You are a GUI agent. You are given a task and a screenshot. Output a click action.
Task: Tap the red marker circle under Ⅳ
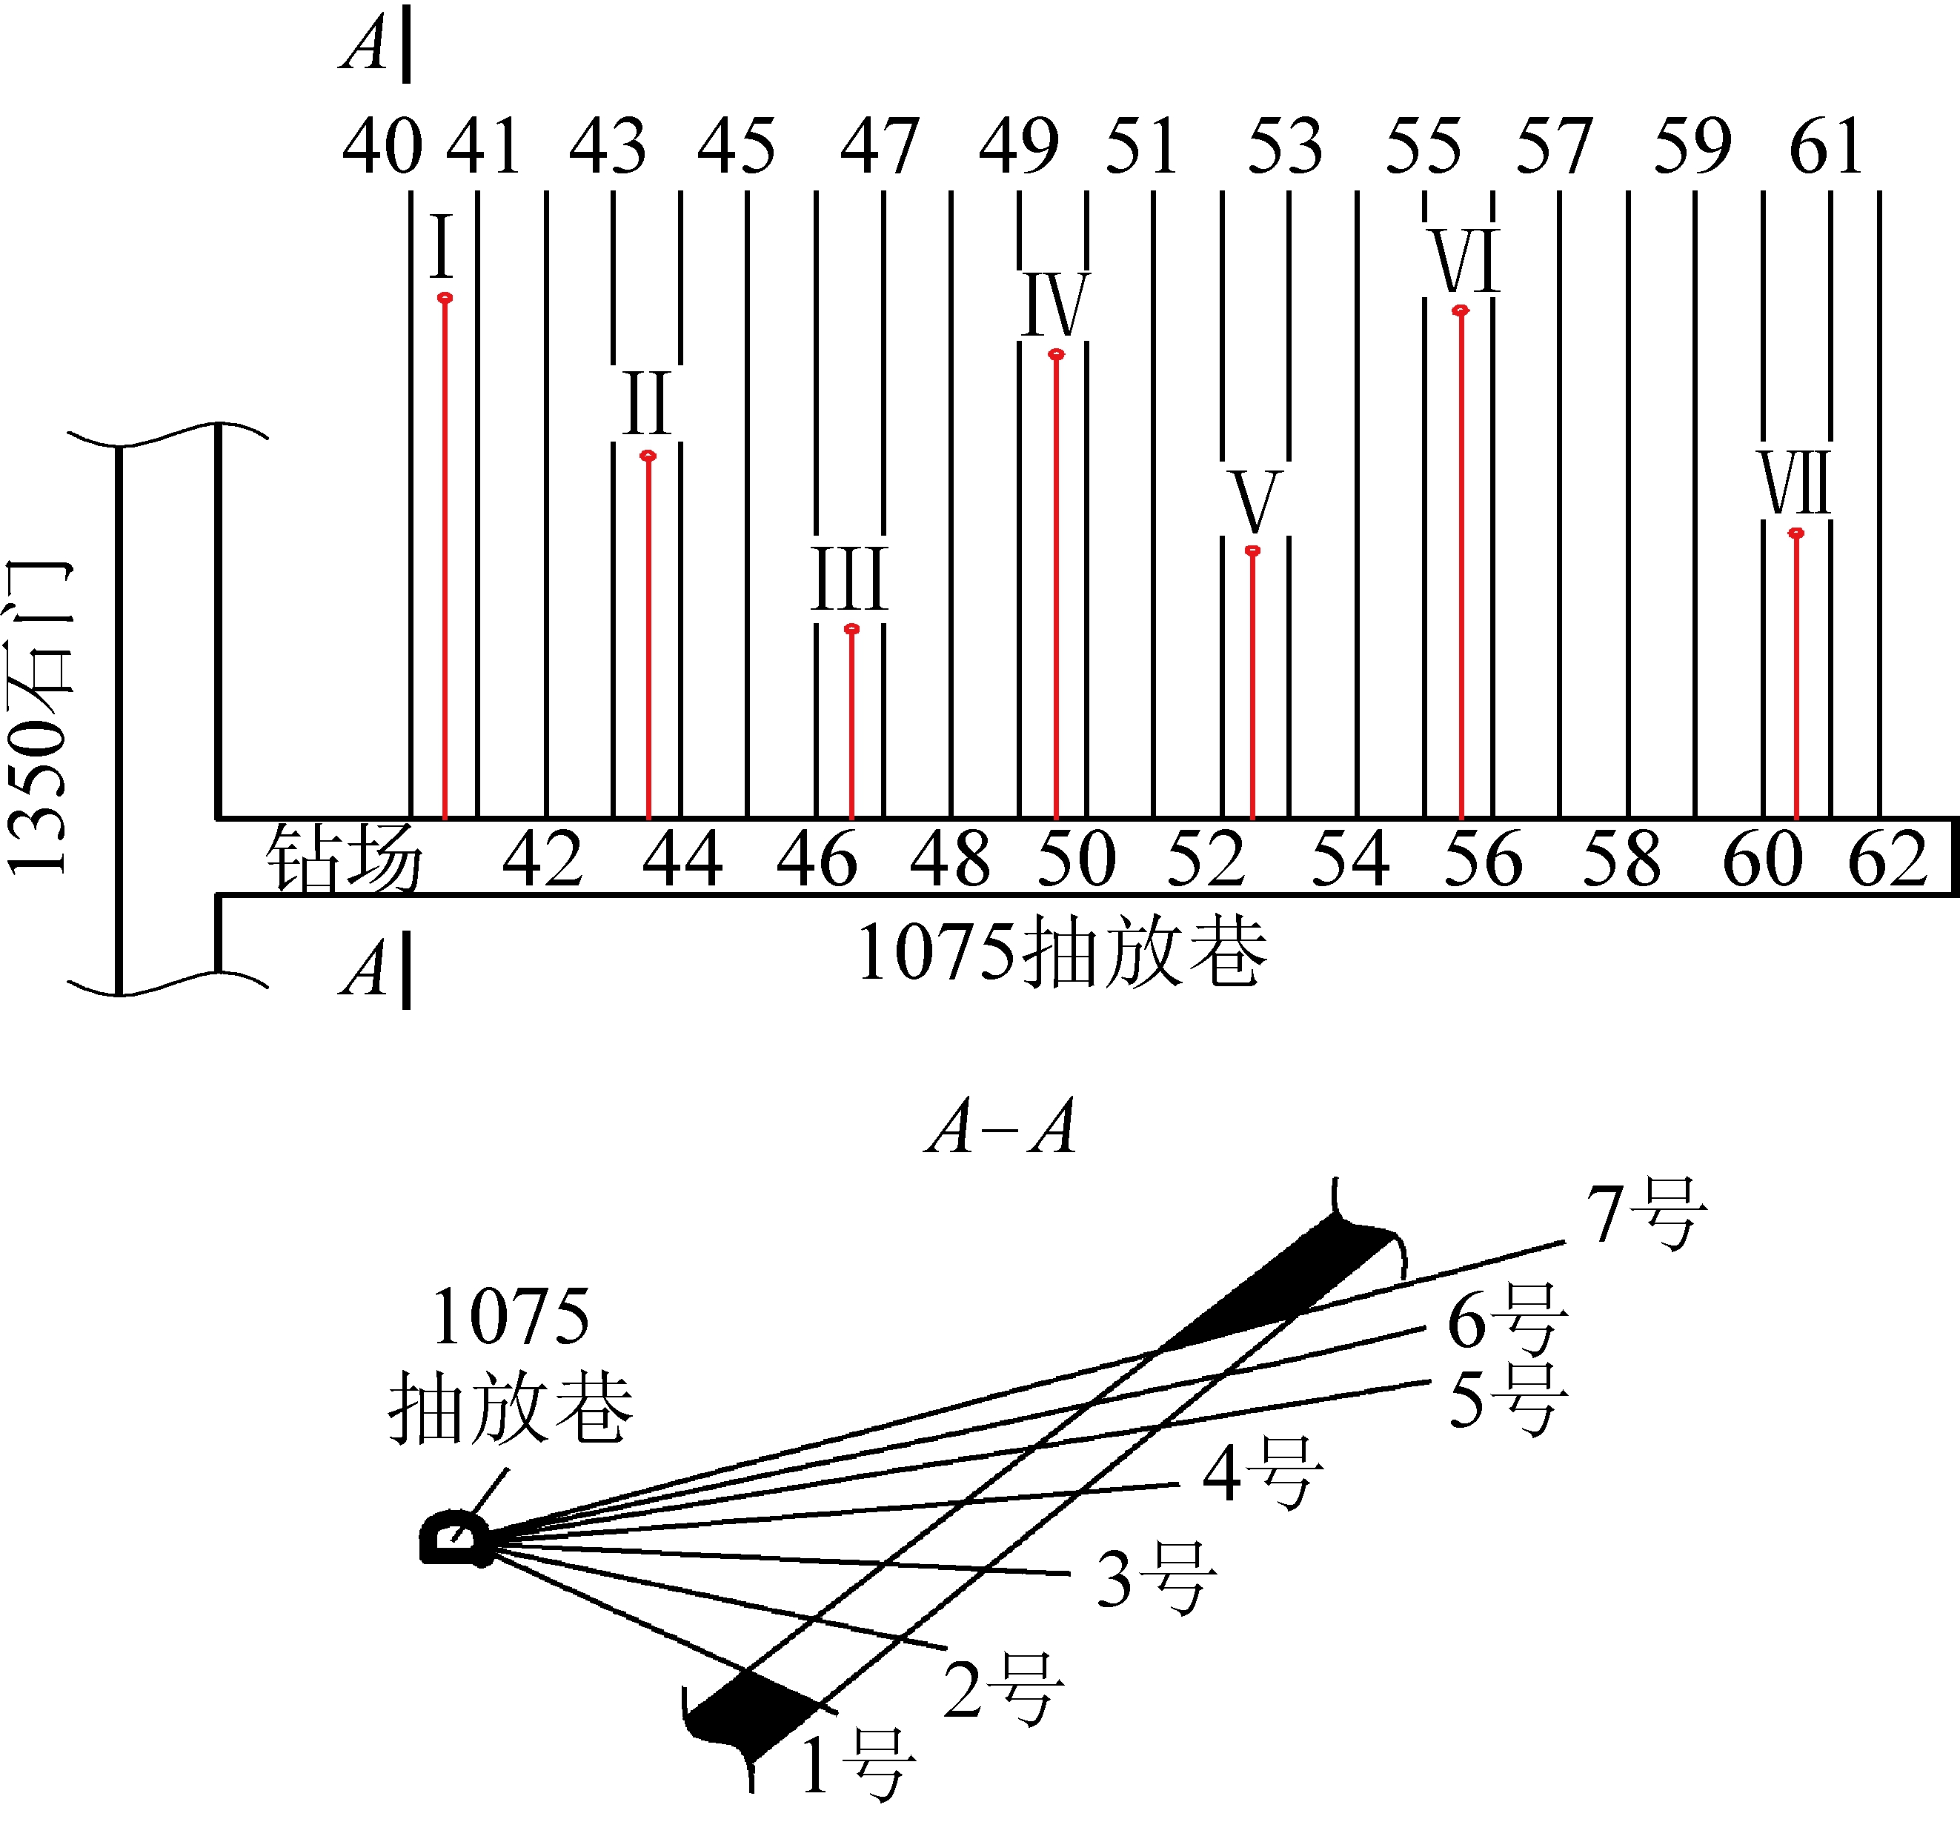coord(1056,354)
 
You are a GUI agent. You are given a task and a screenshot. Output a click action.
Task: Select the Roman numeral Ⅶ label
coord(1795,482)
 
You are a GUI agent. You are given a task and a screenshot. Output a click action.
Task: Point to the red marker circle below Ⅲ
coord(852,629)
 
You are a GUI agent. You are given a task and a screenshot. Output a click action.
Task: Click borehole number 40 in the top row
coord(382,146)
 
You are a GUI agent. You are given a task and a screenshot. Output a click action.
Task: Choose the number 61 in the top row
coord(1826,146)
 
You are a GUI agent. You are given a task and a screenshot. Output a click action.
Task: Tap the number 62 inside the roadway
coord(1888,859)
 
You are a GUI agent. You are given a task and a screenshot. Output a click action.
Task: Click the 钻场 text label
coord(344,859)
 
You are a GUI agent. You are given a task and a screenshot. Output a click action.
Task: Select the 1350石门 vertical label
coord(39,718)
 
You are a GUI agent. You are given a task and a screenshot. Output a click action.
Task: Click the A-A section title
coord(1000,1127)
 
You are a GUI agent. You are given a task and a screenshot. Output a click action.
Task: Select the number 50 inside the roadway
coord(1077,859)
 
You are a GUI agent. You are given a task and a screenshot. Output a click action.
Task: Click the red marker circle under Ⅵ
coord(1461,310)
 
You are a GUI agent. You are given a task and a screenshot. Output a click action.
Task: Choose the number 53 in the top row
coord(1286,146)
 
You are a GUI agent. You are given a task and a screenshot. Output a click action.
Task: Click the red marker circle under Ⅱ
coord(648,456)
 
